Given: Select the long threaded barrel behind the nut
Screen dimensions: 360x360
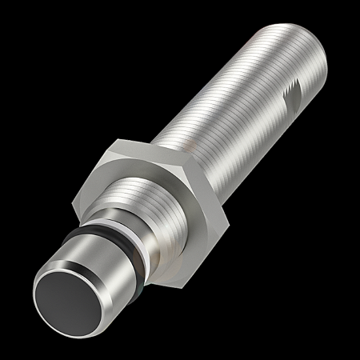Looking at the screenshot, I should click(x=240, y=104).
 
